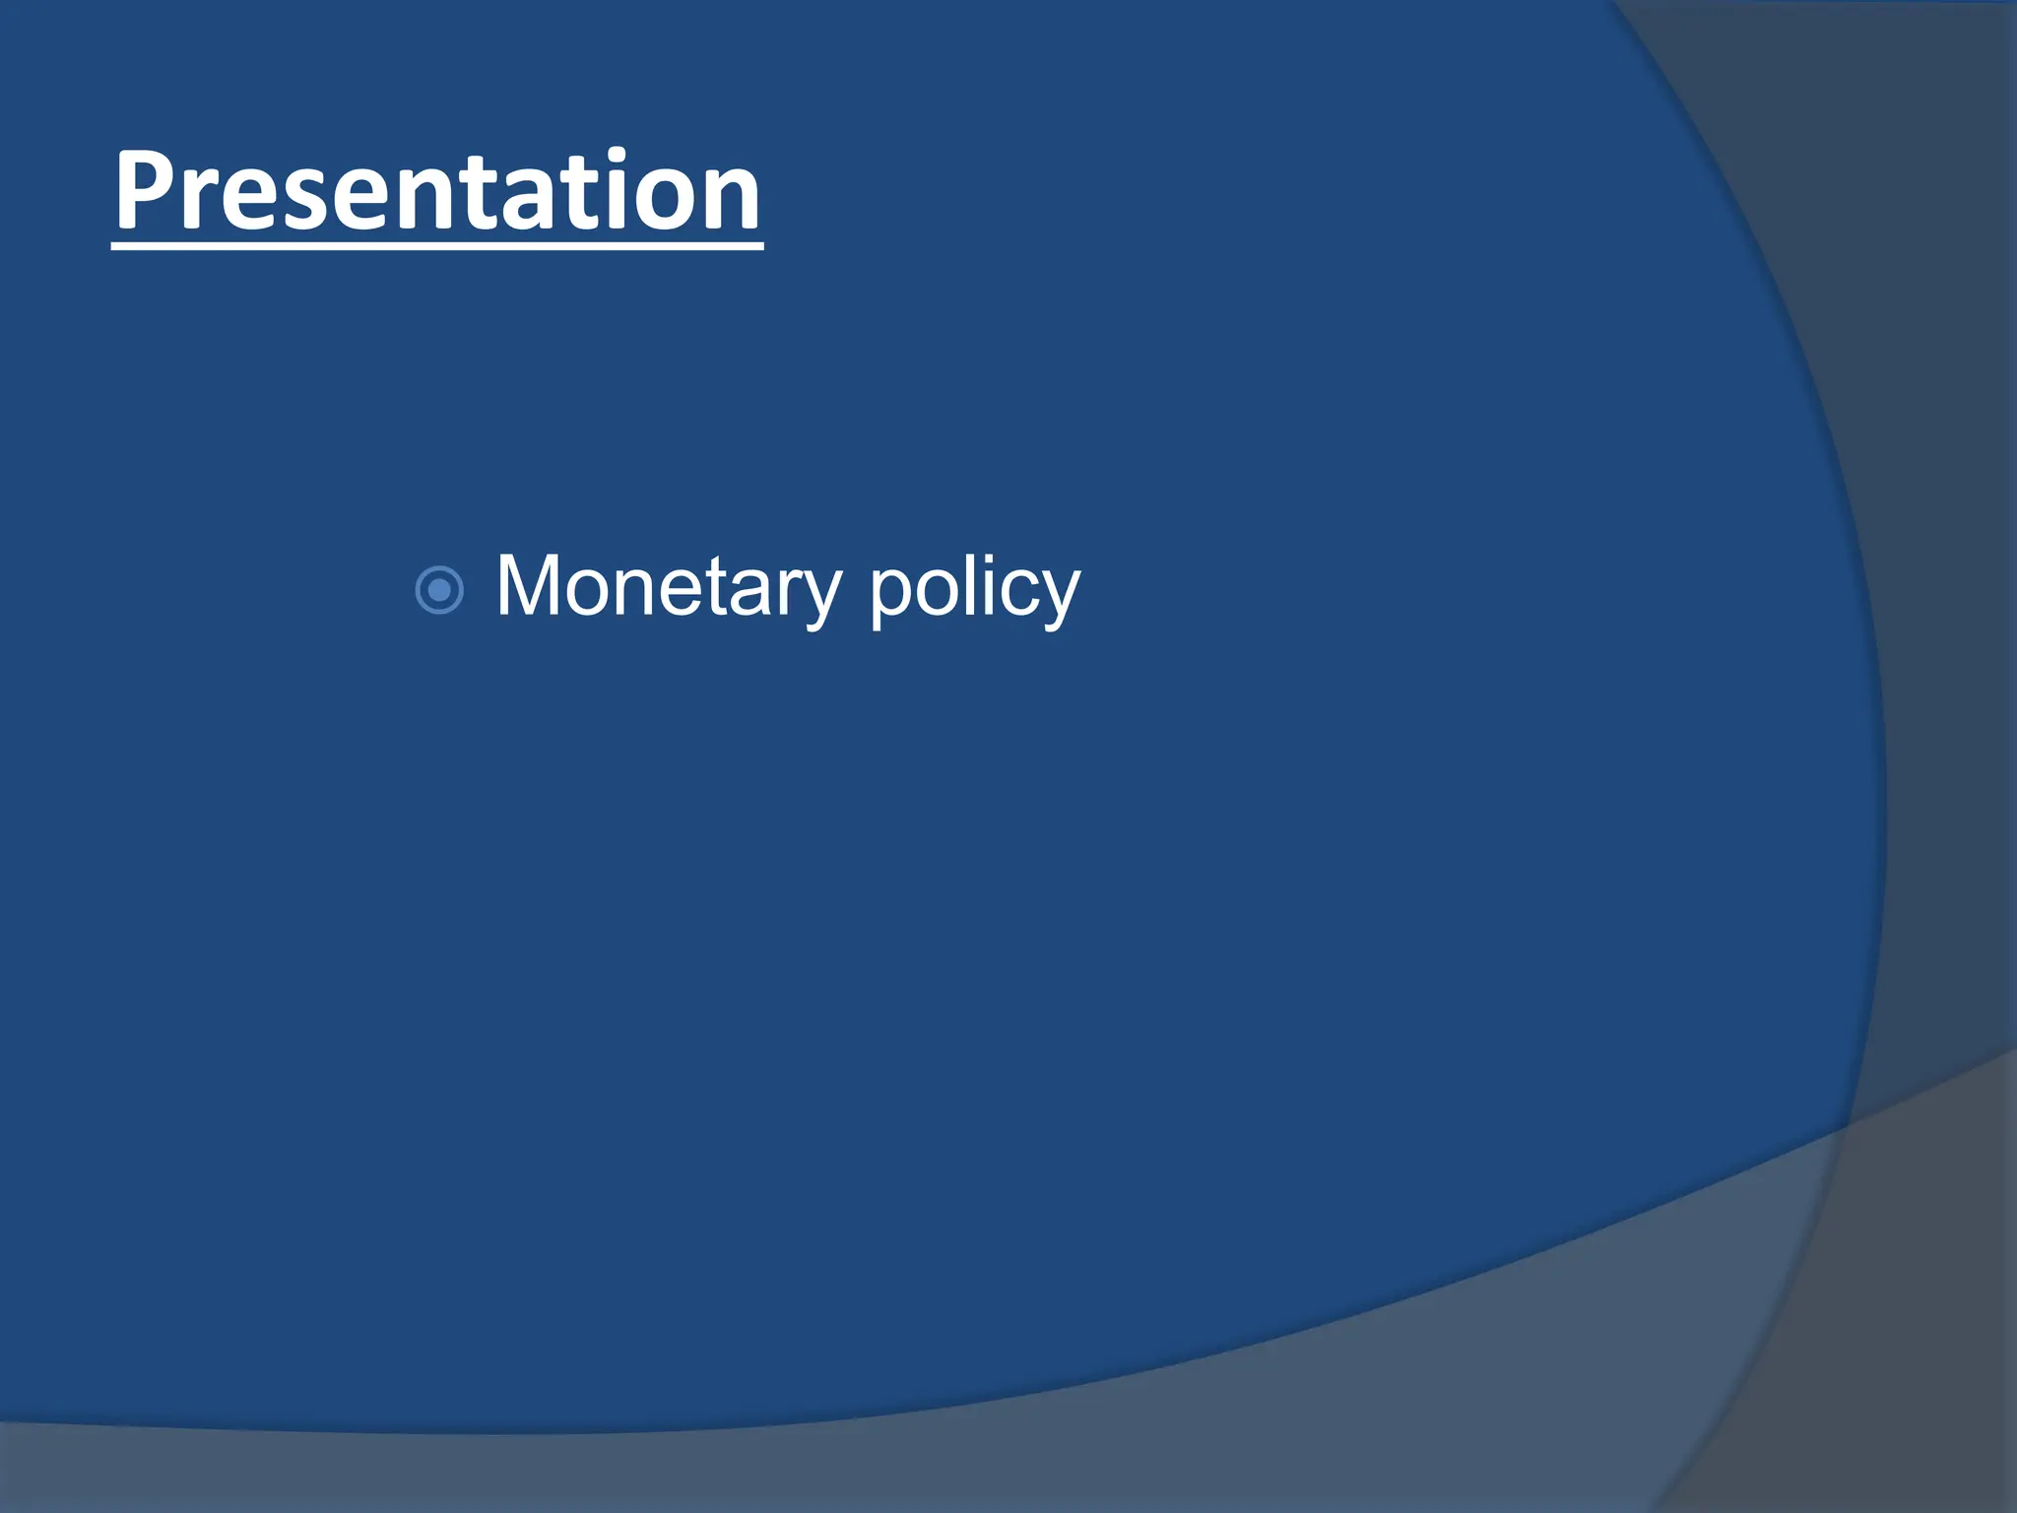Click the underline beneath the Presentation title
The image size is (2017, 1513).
(437, 244)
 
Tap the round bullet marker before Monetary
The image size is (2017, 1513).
(439, 591)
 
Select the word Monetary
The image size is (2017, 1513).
(669, 588)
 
